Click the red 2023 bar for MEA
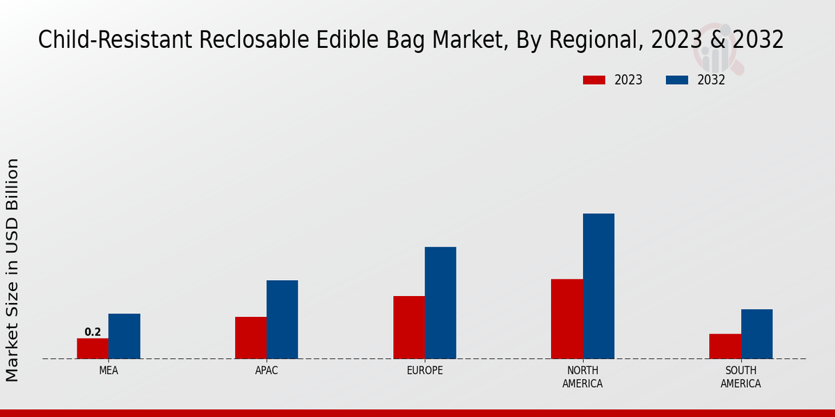tap(93, 348)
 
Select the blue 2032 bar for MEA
tap(124, 336)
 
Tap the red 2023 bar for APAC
tap(250, 338)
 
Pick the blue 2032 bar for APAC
tap(282, 320)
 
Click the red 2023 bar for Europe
tap(408, 327)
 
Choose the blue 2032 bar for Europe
tap(440, 303)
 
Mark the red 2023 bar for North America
tap(566, 319)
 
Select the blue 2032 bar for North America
tap(598, 286)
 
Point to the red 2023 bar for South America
tap(725, 346)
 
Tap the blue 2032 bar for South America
tap(756, 334)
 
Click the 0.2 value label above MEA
tap(93, 332)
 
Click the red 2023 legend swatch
tap(594, 80)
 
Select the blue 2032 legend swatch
tap(676, 80)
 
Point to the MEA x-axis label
tap(109, 370)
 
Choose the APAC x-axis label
tap(267, 370)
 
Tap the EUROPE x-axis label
tap(424, 370)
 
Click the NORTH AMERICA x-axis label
tap(582, 377)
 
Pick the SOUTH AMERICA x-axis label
tap(740, 377)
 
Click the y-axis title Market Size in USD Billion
tap(13, 270)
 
